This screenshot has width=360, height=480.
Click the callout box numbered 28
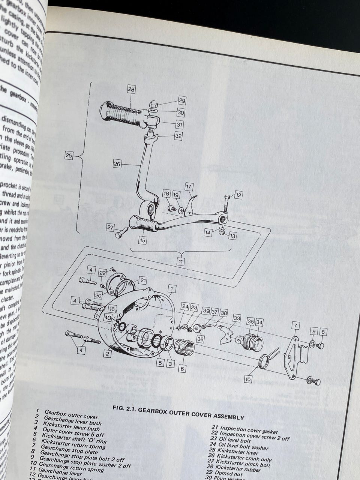(x=131, y=89)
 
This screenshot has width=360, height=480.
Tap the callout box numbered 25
(x=69, y=156)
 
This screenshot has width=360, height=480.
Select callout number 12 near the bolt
(x=238, y=195)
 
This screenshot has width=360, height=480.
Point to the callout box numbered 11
(x=180, y=261)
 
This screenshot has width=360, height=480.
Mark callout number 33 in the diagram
(x=236, y=318)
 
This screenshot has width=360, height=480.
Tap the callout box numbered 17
(x=189, y=186)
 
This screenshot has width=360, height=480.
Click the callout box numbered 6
(x=182, y=369)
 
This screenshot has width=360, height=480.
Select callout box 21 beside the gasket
(x=143, y=280)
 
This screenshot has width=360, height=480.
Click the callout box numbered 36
(x=201, y=339)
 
